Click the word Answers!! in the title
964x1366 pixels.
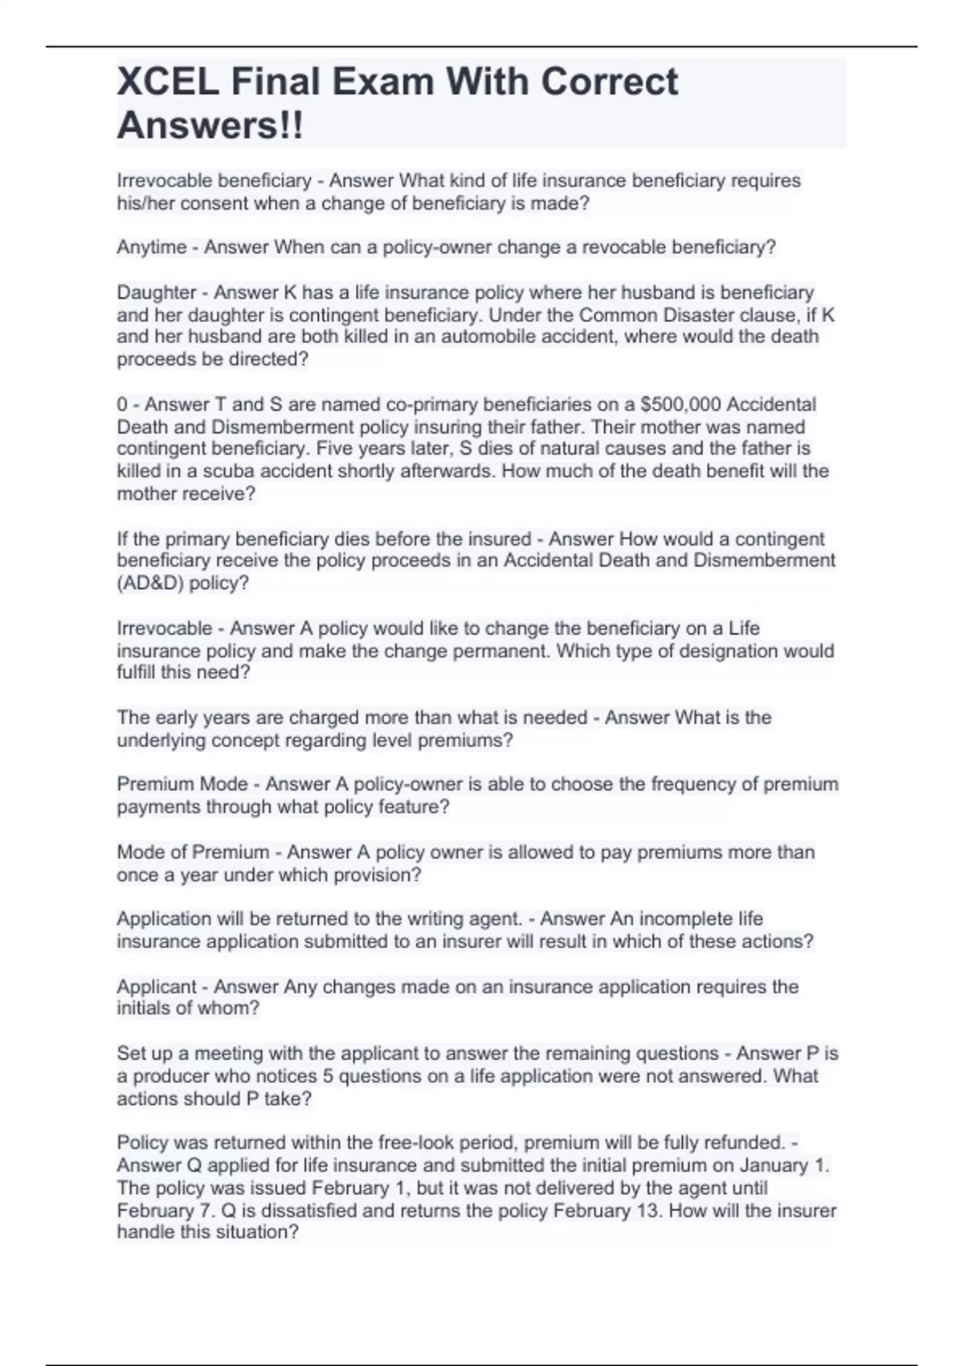(x=210, y=125)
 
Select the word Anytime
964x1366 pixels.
(x=152, y=247)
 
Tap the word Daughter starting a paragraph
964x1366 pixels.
(x=157, y=292)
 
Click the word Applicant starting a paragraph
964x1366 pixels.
(x=157, y=987)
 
